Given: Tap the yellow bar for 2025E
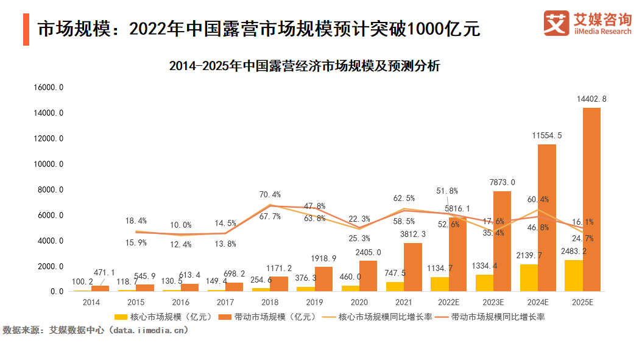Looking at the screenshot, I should point(574,276).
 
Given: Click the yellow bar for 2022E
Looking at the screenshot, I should point(440,284).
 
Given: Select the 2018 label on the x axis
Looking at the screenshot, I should point(270,302).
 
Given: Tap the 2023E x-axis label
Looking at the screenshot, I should point(493,302).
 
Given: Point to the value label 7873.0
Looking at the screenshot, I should point(503,182).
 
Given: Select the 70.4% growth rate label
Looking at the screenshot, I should point(270,194).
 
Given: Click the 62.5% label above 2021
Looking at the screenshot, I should point(404,198).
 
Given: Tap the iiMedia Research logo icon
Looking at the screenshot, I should point(555,23).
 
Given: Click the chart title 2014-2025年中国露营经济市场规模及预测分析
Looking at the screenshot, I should point(305,66).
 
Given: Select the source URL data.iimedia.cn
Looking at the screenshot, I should point(151,330).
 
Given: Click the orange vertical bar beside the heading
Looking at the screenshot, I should point(26,29).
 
